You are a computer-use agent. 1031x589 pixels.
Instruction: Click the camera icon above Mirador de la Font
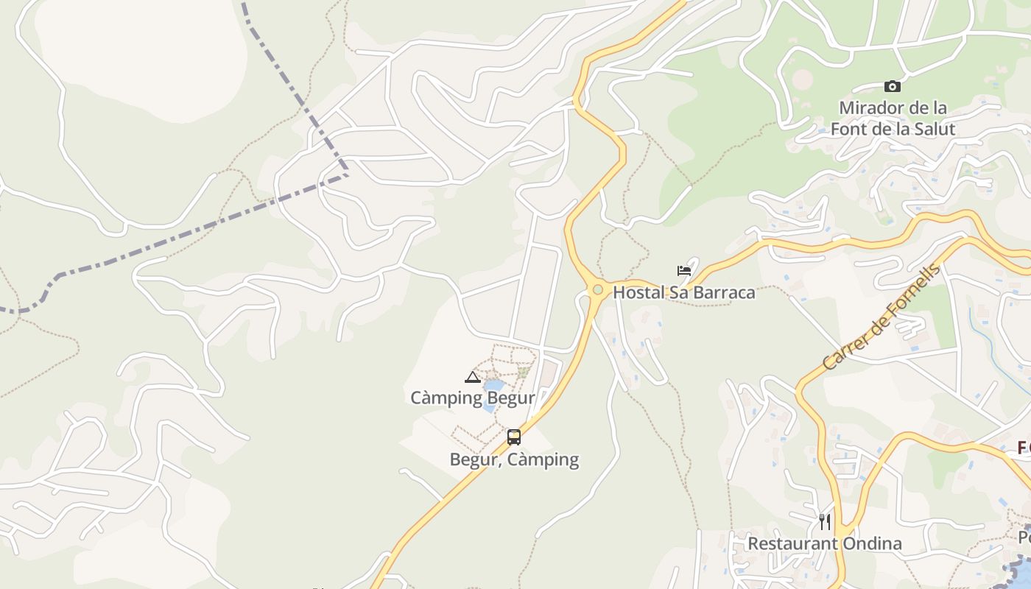[892, 87]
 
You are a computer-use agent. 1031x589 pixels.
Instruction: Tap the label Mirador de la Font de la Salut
[893, 119]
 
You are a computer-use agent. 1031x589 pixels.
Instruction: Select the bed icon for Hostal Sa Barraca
[684, 271]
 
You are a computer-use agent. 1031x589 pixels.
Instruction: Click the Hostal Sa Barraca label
[684, 292]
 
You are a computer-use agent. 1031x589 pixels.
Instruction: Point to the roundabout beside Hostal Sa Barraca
[597, 290]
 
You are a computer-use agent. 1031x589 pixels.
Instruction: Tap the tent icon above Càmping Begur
[472, 378]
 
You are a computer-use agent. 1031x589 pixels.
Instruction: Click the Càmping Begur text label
[472, 398]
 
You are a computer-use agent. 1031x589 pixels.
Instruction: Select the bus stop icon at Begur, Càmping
[514, 437]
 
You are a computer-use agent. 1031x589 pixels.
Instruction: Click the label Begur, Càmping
[514, 460]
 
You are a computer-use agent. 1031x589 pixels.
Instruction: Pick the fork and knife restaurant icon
[825, 522]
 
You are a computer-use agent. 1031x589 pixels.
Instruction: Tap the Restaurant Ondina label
[825, 544]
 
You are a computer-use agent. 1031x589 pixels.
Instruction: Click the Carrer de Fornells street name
[882, 317]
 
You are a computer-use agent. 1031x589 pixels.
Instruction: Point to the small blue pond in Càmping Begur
[493, 385]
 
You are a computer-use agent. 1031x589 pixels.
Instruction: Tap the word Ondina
[872, 544]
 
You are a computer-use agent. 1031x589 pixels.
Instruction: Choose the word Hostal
[638, 292]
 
